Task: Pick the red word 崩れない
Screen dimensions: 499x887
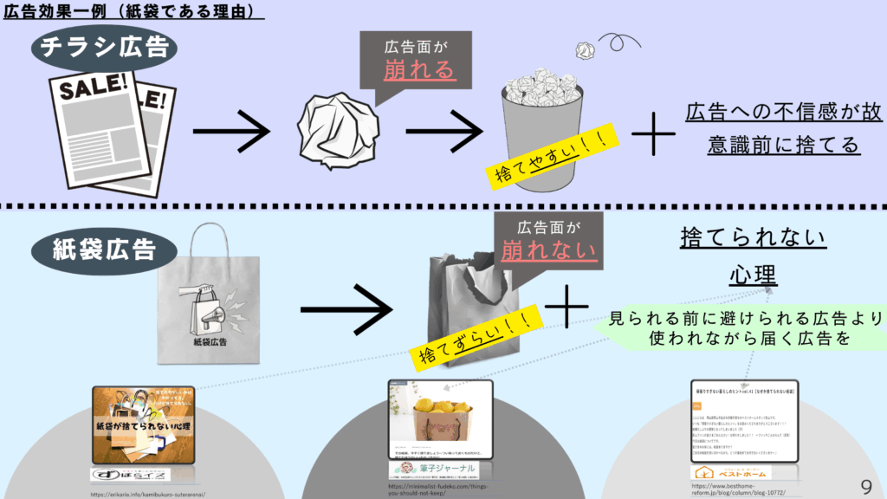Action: click(550, 251)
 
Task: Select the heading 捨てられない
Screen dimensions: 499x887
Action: click(741, 237)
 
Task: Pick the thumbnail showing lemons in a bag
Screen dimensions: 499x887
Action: click(439, 420)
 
